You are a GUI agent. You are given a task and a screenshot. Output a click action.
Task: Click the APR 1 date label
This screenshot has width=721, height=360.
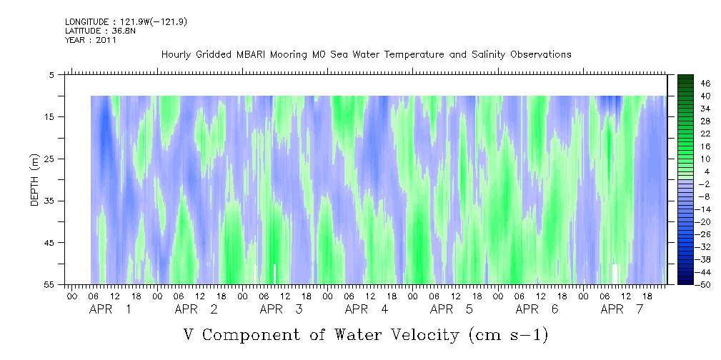(x=110, y=310)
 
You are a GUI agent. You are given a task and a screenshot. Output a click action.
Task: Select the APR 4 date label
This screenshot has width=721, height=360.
(x=366, y=310)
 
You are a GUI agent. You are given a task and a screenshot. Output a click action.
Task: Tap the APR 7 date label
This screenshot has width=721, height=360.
(x=622, y=310)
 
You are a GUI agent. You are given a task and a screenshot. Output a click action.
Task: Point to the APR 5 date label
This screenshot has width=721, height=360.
(x=451, y=310)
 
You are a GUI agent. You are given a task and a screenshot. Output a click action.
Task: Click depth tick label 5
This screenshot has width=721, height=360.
(x=51, y=75)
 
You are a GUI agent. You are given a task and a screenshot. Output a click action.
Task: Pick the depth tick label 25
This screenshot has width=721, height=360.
(x=48, y=159)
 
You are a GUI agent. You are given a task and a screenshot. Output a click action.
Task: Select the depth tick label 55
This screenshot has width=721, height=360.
(x=48, y=285)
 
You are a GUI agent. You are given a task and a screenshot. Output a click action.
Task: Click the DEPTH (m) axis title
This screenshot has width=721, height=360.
(x=35, y=180)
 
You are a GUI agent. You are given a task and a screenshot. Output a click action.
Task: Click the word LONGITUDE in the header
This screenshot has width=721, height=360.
(x=86, y=21)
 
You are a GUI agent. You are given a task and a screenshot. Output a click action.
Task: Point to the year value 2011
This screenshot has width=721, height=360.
(x=107, y=40)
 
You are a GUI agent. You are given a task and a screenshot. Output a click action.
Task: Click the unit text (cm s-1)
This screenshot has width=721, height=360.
(x=508, y=335)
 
